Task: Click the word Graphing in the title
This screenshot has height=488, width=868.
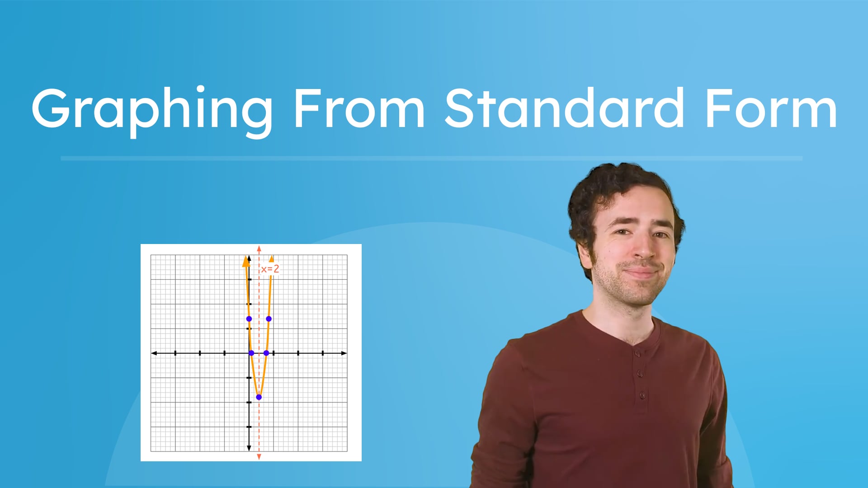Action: [x=151, y=110]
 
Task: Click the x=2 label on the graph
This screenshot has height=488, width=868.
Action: [x=270, y=269]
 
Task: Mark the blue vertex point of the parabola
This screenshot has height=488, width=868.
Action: [x=259, y=397]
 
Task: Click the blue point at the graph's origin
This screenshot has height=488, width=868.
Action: [x=251, y=353]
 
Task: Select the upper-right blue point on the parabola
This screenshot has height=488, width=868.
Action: [x=269, y=319]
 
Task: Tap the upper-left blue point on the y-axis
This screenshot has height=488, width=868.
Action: [x=249, y=319]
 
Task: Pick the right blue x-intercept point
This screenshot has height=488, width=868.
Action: [x=266, y=353]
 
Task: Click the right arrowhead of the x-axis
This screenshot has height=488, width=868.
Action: [x=344, y=353]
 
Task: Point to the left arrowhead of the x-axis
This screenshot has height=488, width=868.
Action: [x=154, y=353]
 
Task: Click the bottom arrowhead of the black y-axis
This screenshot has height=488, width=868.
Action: [x=249, y=448]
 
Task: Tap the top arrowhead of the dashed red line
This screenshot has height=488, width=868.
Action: [x=259, y=249]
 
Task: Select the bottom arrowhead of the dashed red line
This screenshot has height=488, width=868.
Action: [x=259, y=457]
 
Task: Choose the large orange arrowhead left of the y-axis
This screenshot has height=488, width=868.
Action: [x=246, y=261]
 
